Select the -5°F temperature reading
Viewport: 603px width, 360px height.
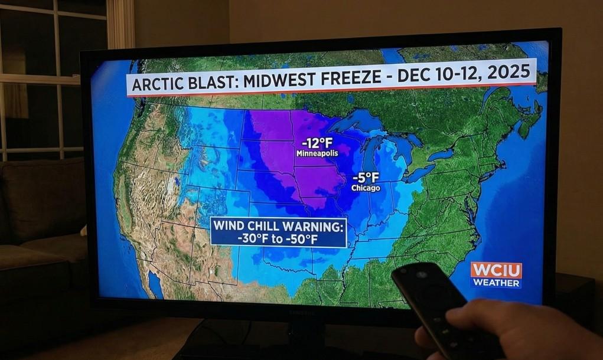click(366, 177)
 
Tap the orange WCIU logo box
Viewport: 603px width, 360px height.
click(496, 271)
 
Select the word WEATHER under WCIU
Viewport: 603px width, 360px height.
click(496, 283)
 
